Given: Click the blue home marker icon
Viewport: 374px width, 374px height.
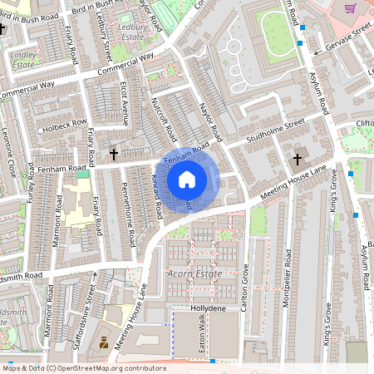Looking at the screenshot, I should click(x=187, y=180).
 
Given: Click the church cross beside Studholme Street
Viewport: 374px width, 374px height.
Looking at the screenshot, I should click(x=297, y=158).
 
